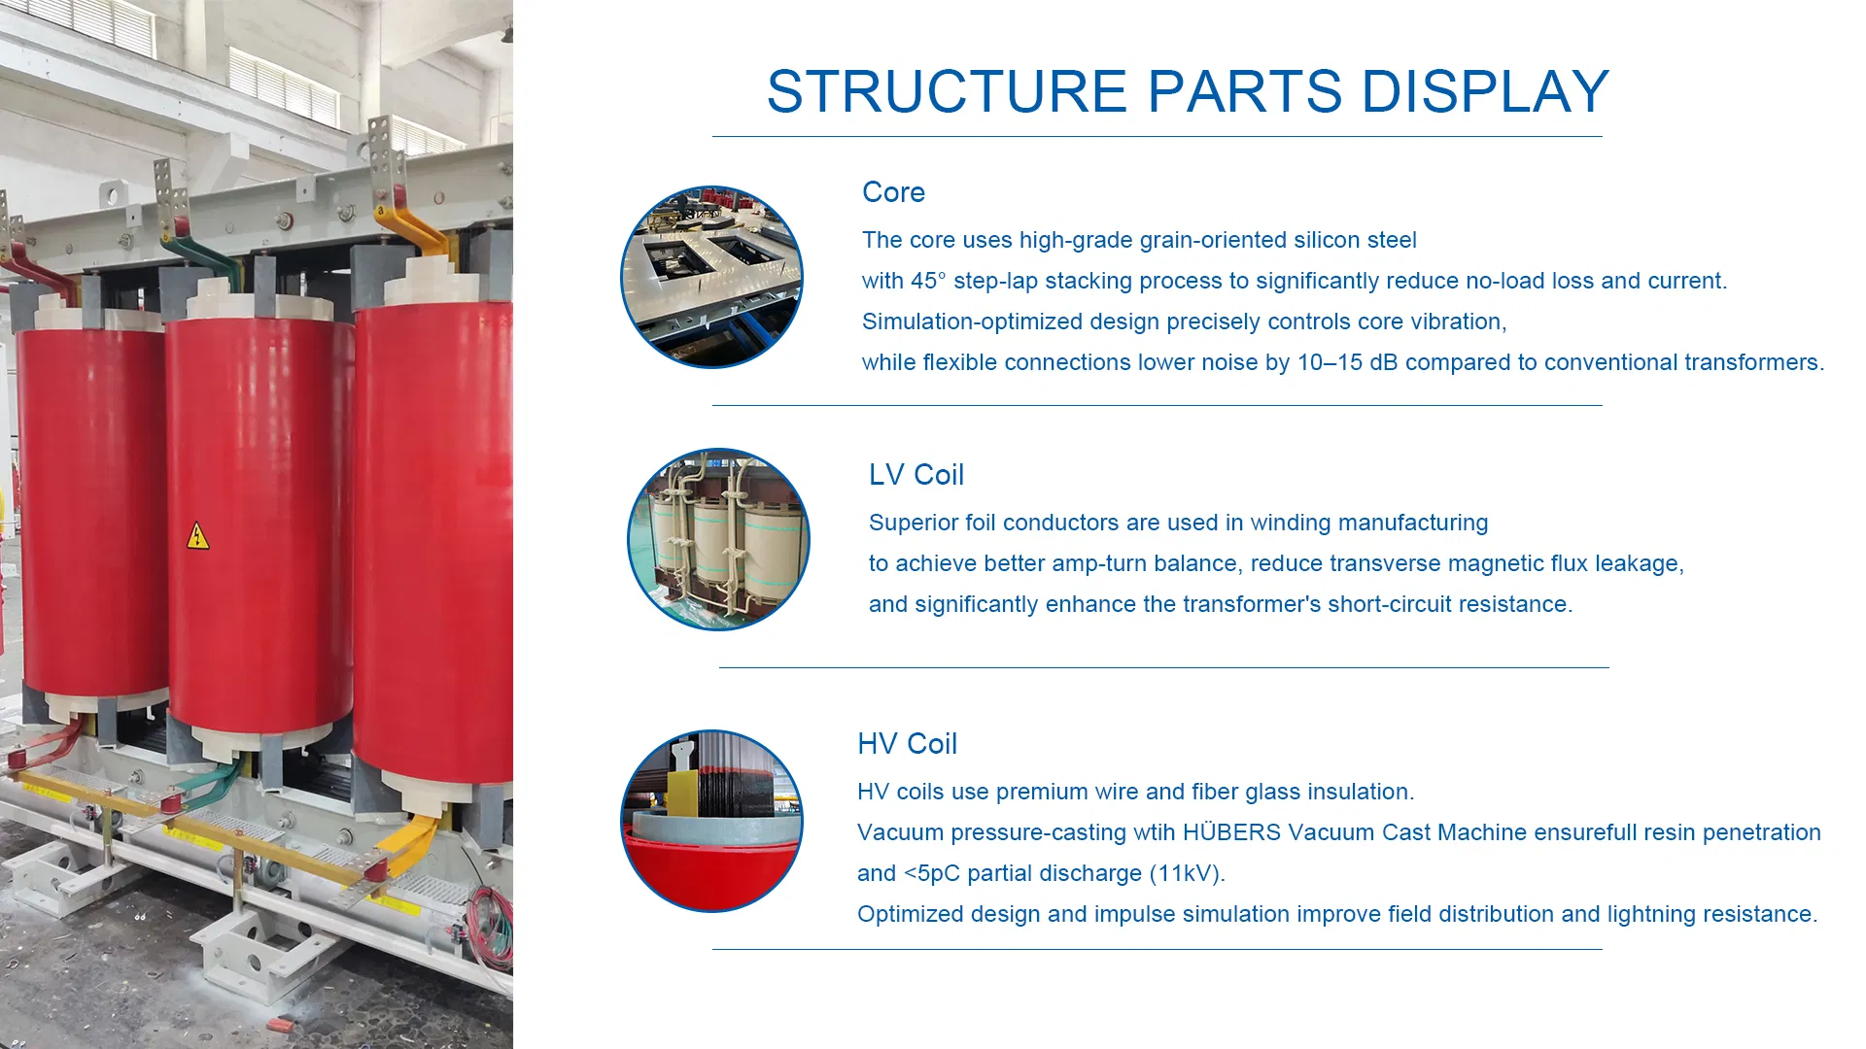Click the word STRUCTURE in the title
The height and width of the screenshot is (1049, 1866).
948,91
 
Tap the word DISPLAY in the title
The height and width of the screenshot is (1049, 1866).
1485,91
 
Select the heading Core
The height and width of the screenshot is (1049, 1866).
893,192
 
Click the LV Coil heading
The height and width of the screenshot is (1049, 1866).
916,475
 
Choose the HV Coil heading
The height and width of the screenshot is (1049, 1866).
907,744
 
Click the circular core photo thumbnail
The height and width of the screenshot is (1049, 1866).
711,277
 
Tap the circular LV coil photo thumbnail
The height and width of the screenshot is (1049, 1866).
718,539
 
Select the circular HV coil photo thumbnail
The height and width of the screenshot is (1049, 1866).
711,821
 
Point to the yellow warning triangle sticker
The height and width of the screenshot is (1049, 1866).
198,536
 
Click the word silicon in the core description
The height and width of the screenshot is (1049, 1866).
1323,240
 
